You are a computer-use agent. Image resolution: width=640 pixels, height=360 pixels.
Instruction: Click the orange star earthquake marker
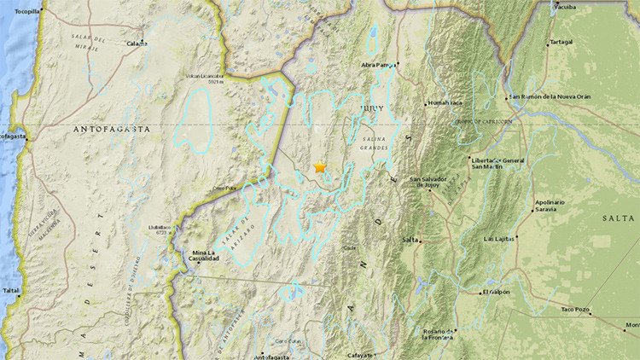click(320, 167)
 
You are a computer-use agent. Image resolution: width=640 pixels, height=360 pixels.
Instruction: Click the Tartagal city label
click(561, 41)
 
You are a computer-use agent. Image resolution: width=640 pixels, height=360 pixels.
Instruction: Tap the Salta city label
click(411, 240)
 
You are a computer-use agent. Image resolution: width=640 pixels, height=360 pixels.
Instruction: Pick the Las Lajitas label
click(499, 239)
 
